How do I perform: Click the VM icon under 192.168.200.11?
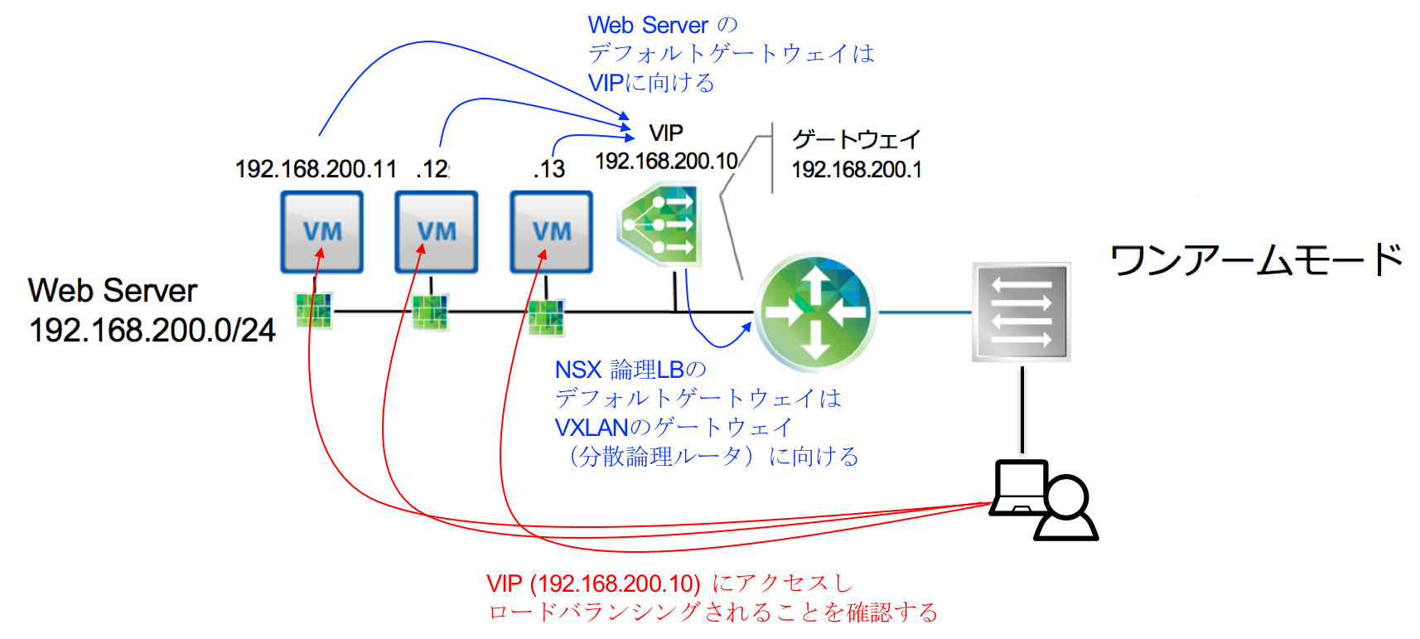321,231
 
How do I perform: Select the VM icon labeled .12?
436,231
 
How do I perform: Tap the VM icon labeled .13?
551,231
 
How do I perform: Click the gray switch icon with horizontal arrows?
1021,312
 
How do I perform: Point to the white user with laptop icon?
1044,500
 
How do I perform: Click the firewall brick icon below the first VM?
315,311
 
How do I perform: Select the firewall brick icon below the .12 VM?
431,312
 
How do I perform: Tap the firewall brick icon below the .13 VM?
547,317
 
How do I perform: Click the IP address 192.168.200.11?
316,169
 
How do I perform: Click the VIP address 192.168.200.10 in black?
666,161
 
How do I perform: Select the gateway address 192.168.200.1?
856,170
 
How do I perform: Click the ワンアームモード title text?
1256,260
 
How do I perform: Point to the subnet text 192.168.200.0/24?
152,330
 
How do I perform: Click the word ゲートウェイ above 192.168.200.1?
856,139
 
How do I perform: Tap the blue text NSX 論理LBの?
630,370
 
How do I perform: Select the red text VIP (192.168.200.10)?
593,583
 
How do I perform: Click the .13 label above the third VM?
549,169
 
